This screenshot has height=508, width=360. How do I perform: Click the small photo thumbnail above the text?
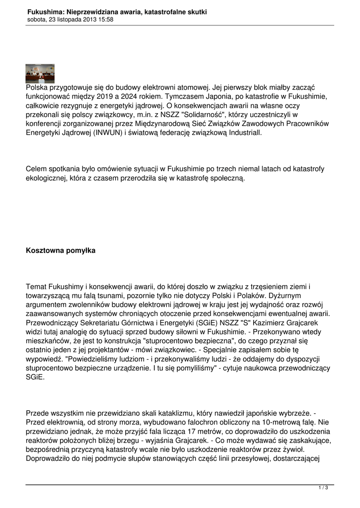click(40, 73)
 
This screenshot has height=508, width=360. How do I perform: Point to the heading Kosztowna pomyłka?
click(61, 251)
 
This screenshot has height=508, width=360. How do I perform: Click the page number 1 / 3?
click(324, 488)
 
